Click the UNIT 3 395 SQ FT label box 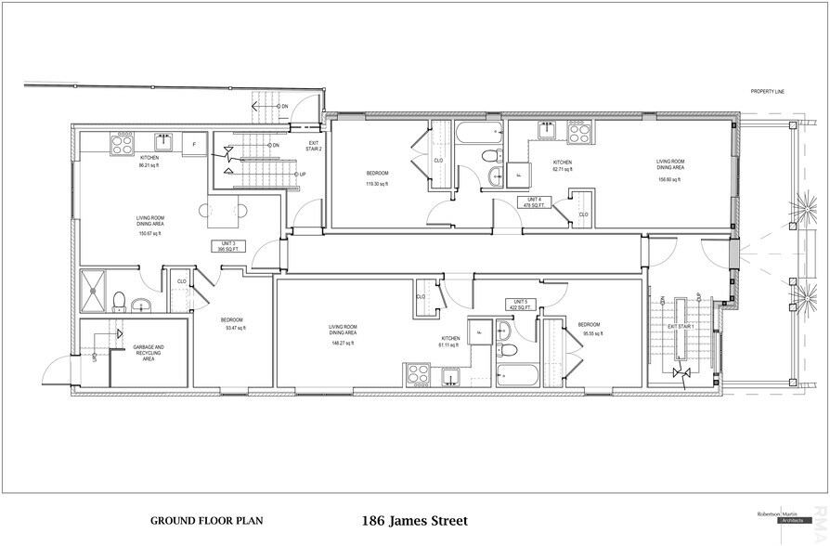pos(226,248)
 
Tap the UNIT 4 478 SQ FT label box pos(533,202)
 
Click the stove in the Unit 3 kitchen pos(123,144)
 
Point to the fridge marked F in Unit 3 pos(194,145)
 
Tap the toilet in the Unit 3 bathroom pos(119,300)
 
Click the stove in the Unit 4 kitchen pos(578,133)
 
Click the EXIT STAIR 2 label pos(314,146)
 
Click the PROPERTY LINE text pos(772,91)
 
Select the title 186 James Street pos(413,521)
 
